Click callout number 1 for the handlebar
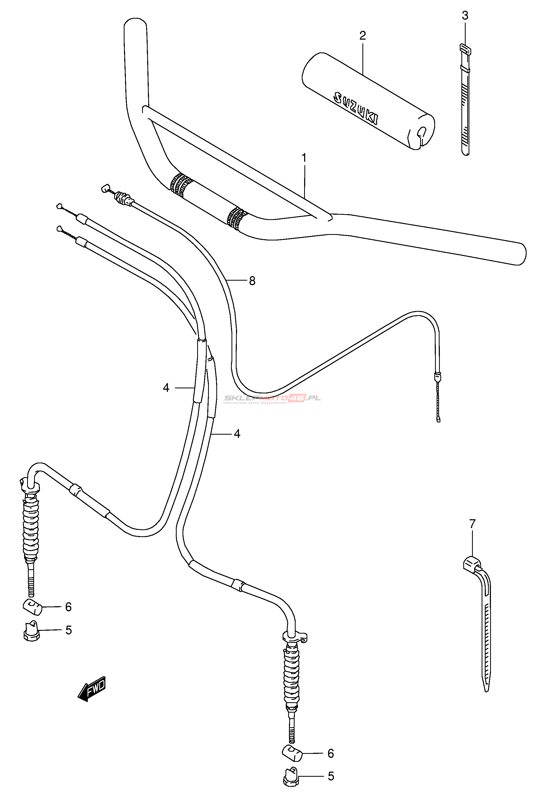click(304, 158)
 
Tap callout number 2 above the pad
click(363, 35)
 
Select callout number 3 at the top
click(465, 15)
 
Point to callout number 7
click(472, 524)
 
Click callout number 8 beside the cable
click(252, 281)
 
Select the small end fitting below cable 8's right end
click(439, 419)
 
